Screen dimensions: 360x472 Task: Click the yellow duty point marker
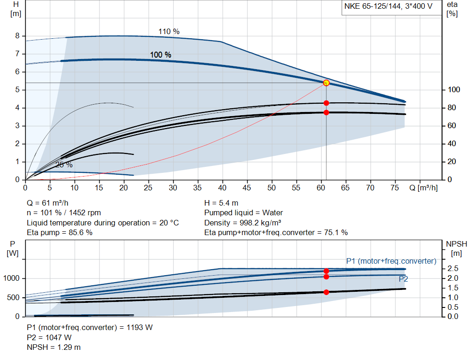(326, 83)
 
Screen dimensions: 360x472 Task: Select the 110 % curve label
(169, 32)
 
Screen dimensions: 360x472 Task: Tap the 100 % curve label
(160, 55)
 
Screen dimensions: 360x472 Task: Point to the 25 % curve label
(64, 165)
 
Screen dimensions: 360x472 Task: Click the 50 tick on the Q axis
(272, 188)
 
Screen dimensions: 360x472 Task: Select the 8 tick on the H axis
(17, 36)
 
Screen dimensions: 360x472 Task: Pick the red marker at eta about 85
(326, 103)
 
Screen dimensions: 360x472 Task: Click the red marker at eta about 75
(326, 112)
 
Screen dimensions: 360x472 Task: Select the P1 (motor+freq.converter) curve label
(391, 261)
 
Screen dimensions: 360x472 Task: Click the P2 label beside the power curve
(403, 279)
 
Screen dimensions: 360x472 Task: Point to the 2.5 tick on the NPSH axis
(453, 269)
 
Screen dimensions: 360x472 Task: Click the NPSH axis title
(454, 248)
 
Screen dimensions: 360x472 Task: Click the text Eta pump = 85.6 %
(59, 233)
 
